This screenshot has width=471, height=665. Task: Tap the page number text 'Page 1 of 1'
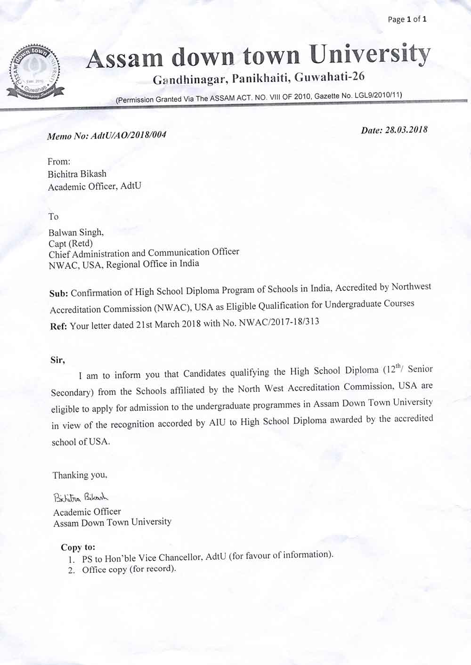[x=407, y=19]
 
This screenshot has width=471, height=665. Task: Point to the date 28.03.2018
[x=406, y=130]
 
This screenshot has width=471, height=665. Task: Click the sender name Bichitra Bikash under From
[x=77, y=174]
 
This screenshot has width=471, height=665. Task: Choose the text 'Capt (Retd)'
[x=71, y=243]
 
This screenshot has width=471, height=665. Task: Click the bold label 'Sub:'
[x=59, y=293]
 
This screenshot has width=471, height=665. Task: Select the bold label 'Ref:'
[x=59, y=326]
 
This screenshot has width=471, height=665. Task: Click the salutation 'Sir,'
[x=57, y=360]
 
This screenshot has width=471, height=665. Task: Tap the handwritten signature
[x=81, y=497]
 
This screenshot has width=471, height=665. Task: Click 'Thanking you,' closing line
[x=80, y=475]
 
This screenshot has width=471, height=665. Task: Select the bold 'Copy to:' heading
[x=78, y=547]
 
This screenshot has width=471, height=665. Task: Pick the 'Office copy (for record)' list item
[x=129, y=569]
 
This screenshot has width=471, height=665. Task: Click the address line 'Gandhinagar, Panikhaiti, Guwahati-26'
[x=259, y=78]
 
